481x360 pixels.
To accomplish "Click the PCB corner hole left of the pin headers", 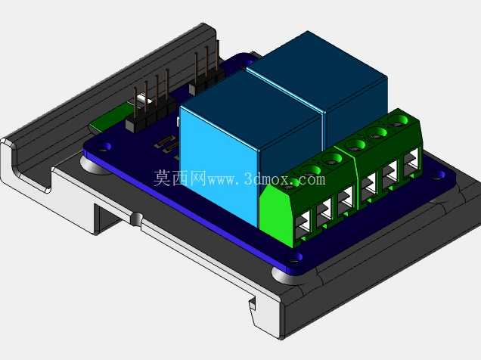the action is [x=104, y=147].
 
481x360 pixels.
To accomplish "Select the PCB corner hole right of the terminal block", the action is [x=439, y=175].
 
